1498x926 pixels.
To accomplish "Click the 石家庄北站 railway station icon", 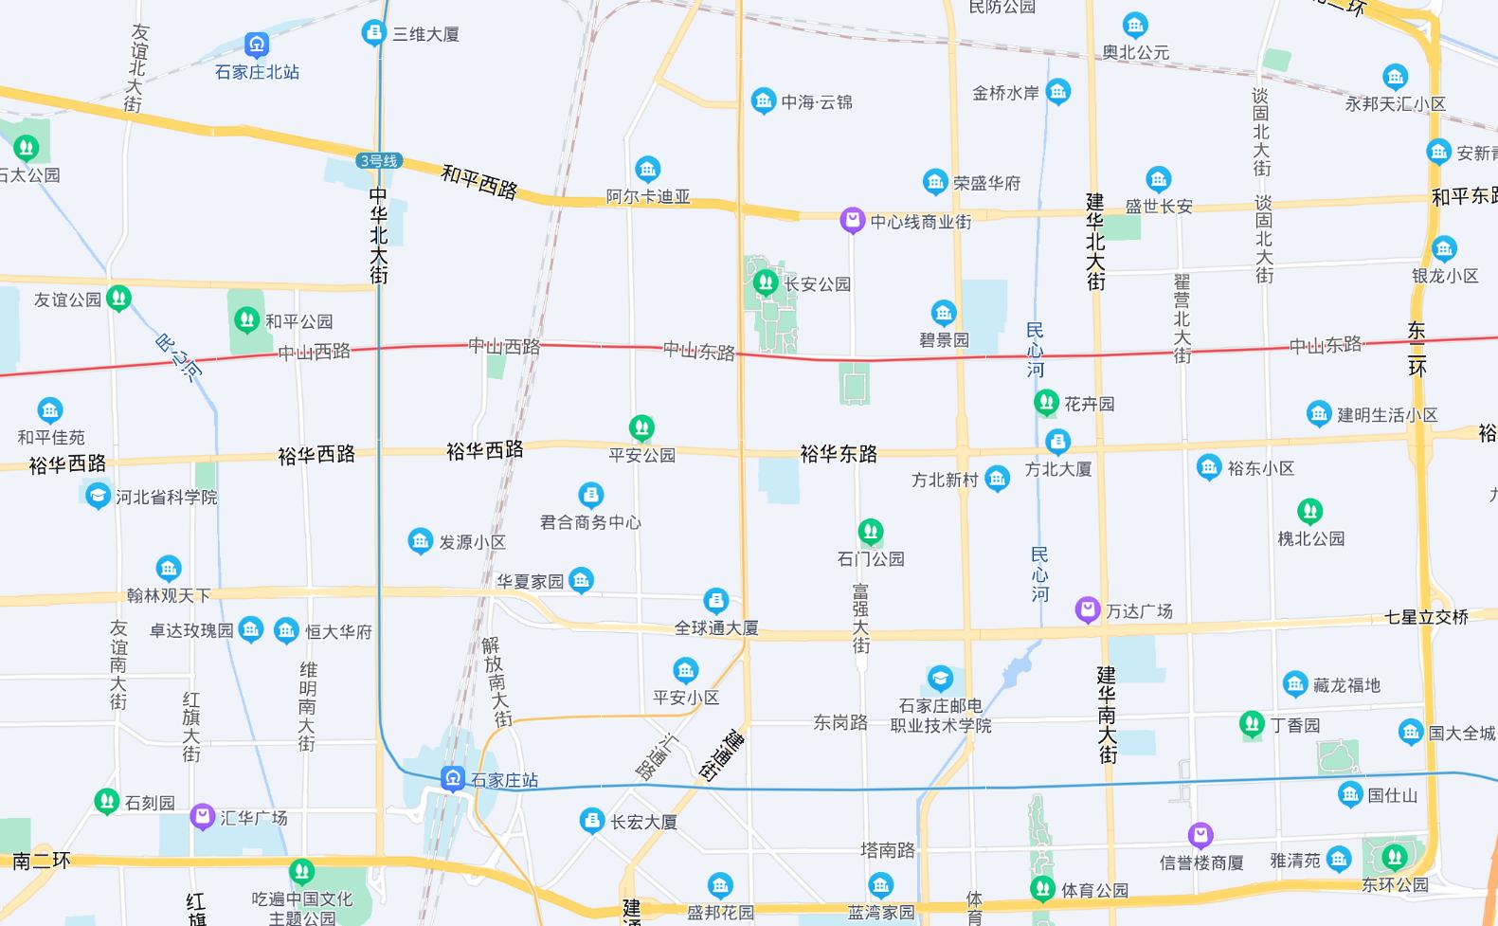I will tap(257, 45).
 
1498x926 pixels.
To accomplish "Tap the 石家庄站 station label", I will tap(504, 780).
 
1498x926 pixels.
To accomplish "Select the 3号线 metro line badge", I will tap(379, 161).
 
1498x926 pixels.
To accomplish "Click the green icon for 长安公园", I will tap(765, 282).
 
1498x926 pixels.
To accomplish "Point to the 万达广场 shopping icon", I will tap(1087, 609).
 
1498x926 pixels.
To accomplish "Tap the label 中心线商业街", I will tap(920, 222).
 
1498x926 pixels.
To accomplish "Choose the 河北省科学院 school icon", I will tap(98, 496).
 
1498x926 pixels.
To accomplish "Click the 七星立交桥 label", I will tap(1426, 617).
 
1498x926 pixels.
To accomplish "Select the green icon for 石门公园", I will tap(871, 532).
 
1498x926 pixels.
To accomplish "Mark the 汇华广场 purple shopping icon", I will tap(202, 816).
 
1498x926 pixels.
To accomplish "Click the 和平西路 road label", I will tap(479, 181).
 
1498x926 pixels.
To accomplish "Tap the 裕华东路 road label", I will tap(839, 454).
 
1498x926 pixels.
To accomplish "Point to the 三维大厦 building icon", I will tap(374, 33).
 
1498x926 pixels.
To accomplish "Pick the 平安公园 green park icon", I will tap(641, 427).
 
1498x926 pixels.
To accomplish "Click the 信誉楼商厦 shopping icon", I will tap(1200, 835).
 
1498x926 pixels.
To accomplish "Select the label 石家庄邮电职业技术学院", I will tap(941, 716).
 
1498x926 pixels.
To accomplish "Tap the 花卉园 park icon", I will tap(1046, 403).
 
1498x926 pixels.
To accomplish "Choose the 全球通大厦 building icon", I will tap(716, 600).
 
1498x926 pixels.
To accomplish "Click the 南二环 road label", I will tap(42, 861).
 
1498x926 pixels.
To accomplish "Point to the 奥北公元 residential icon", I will tap(1135, 26).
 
